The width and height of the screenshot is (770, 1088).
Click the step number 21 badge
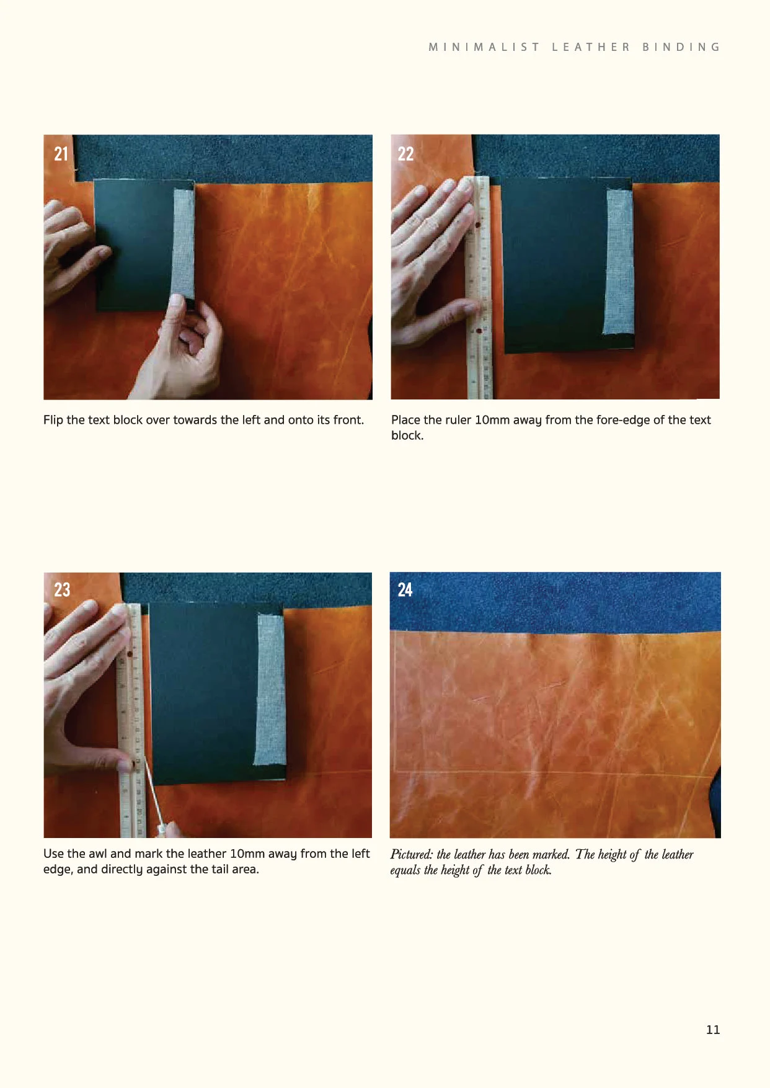pyautogui.click(x=61, y=153)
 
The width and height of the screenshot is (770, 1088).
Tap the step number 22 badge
pyautogui.click(x=405, y=153)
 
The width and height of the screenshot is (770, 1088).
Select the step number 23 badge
pyautogui.click(x=62, y=589)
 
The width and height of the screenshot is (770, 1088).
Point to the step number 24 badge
pyautogui.click(x=405, y=589)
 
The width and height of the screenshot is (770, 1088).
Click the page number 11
pyautogui.click(x=713, y=1030)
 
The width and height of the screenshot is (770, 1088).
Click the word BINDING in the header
pyautogui.click(x=681, y=47)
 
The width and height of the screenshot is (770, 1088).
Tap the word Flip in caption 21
pyautogui.click(x=53, y=420)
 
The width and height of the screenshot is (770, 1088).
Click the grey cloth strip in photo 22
pyautogui.click(x=619, y=261)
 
